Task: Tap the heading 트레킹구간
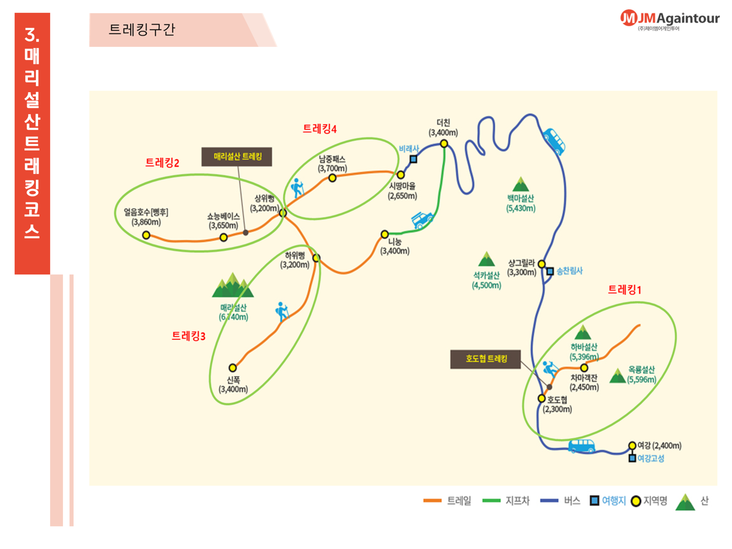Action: pos(142,30)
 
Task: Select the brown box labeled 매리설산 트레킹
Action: pos(237,157)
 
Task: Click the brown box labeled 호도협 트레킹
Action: pos(485,359)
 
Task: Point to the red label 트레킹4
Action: pos(319,129)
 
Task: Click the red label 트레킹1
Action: pos(624,290)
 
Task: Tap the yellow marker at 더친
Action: pos(444,144)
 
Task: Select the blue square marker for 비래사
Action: pos(413,159)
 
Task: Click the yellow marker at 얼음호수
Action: pos(146,235)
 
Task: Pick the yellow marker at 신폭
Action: pos(233,368)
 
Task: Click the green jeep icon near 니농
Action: pos(422,220)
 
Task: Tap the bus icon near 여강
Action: pos(581,446)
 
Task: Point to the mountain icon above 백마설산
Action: pos(520,185)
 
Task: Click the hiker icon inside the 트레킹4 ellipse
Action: pos(297,188)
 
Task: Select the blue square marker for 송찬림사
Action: pos(550,271)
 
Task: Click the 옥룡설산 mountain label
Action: pos(642,374)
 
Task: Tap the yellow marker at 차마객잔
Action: pos(584,368)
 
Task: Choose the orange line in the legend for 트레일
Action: pos(432,501)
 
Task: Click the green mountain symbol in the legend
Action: pos(685,502)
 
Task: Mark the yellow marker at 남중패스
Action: pos(332,178)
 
